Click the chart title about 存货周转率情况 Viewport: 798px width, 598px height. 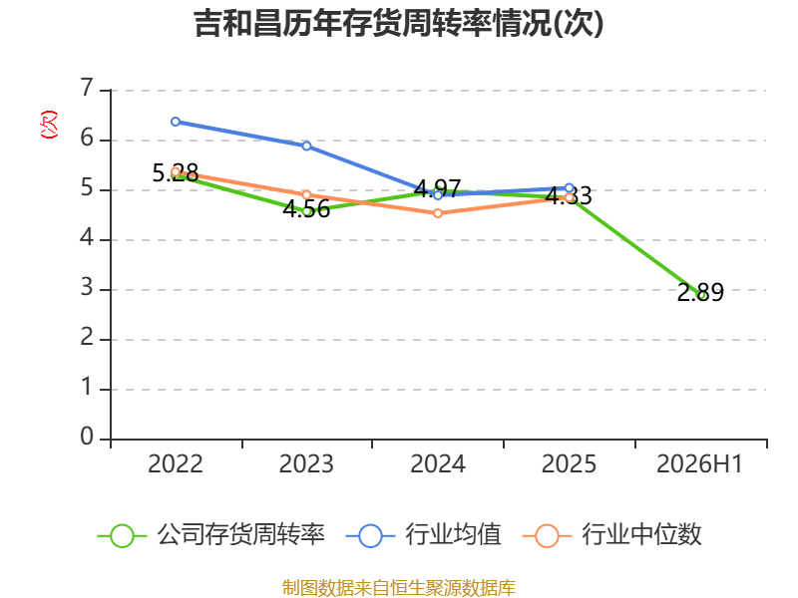tap(399, 23)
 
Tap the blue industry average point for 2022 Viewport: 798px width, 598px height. tap(176, 122)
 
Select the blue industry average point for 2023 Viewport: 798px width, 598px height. tap(306, 146)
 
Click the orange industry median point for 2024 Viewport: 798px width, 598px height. tap(438, 213)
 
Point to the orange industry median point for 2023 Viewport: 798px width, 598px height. tap(306, 194)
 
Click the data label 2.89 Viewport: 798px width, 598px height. tap(700, 292)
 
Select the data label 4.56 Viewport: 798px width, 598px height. tap(306, 209)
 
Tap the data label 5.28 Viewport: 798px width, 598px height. tap(176, 173)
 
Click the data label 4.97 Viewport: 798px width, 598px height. tap(438, 188)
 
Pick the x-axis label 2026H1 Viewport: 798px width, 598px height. tap(700, 464)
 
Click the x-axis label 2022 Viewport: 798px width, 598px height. tap(176, 464)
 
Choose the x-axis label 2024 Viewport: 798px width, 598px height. tap(438, 464)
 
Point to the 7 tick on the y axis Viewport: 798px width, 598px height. tap(87, 88)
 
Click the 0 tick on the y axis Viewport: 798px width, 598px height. tap(87, 437)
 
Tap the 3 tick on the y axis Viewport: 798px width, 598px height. tap(87, 288)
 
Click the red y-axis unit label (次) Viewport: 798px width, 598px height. tap(49, 125)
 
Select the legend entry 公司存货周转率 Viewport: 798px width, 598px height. tap(211, 535)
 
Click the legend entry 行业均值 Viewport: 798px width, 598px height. tap(423, 535)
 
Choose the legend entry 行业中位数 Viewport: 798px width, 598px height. tap(612, 535)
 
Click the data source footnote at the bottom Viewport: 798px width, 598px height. tap(399, 588)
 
